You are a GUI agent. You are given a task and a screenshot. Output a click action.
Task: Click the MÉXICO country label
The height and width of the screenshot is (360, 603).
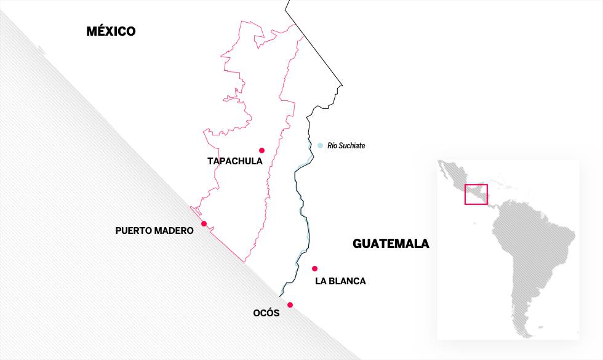tap(111, 31)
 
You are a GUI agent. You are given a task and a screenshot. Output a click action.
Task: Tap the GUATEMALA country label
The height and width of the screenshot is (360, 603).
tap(391, 244)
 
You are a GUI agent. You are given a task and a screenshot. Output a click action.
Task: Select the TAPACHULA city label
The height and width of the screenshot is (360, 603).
tap(235, 161)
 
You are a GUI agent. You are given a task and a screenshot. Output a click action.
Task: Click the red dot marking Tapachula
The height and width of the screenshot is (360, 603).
tap(262, 150)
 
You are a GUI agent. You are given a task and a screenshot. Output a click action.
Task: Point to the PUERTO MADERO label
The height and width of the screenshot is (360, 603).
tap(154, 231)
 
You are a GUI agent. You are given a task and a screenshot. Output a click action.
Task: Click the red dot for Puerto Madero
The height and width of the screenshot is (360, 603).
tap(204, 224)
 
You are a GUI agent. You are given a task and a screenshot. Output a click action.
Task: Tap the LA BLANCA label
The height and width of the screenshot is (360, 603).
tap(340, 281)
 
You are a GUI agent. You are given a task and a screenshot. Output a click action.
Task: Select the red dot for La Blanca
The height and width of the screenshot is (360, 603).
tap(314, 268)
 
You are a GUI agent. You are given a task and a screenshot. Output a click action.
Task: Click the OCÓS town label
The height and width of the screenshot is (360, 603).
tap(266, 313)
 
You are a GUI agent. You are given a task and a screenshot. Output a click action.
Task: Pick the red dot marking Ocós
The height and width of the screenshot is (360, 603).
tap(290, 305)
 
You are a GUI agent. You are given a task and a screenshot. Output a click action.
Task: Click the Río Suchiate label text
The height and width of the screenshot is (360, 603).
tap(346, 146)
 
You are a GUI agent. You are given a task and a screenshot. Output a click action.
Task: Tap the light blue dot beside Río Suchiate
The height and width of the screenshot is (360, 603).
tap(320, 145)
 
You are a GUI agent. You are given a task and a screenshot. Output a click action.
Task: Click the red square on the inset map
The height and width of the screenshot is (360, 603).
tap(476, 194)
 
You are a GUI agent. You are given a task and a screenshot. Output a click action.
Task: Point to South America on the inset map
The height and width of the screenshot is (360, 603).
tap(529, 258)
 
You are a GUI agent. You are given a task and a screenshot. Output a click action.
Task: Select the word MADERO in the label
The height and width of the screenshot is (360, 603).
tap(175, 231)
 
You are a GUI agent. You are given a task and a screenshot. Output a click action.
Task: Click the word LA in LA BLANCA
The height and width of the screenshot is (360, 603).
tap(320, 281)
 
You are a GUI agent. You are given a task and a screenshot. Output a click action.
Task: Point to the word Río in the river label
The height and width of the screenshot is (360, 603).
tap(332, 146)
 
